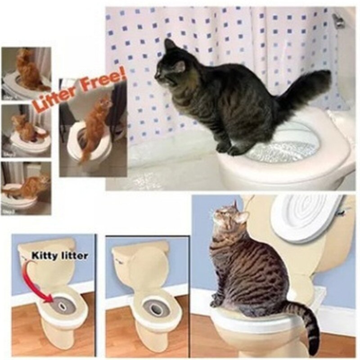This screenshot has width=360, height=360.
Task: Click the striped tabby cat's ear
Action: [241, 217]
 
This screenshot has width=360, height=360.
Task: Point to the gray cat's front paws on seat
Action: [227, 148]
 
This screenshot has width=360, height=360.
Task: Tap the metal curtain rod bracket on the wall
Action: [338, 20]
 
